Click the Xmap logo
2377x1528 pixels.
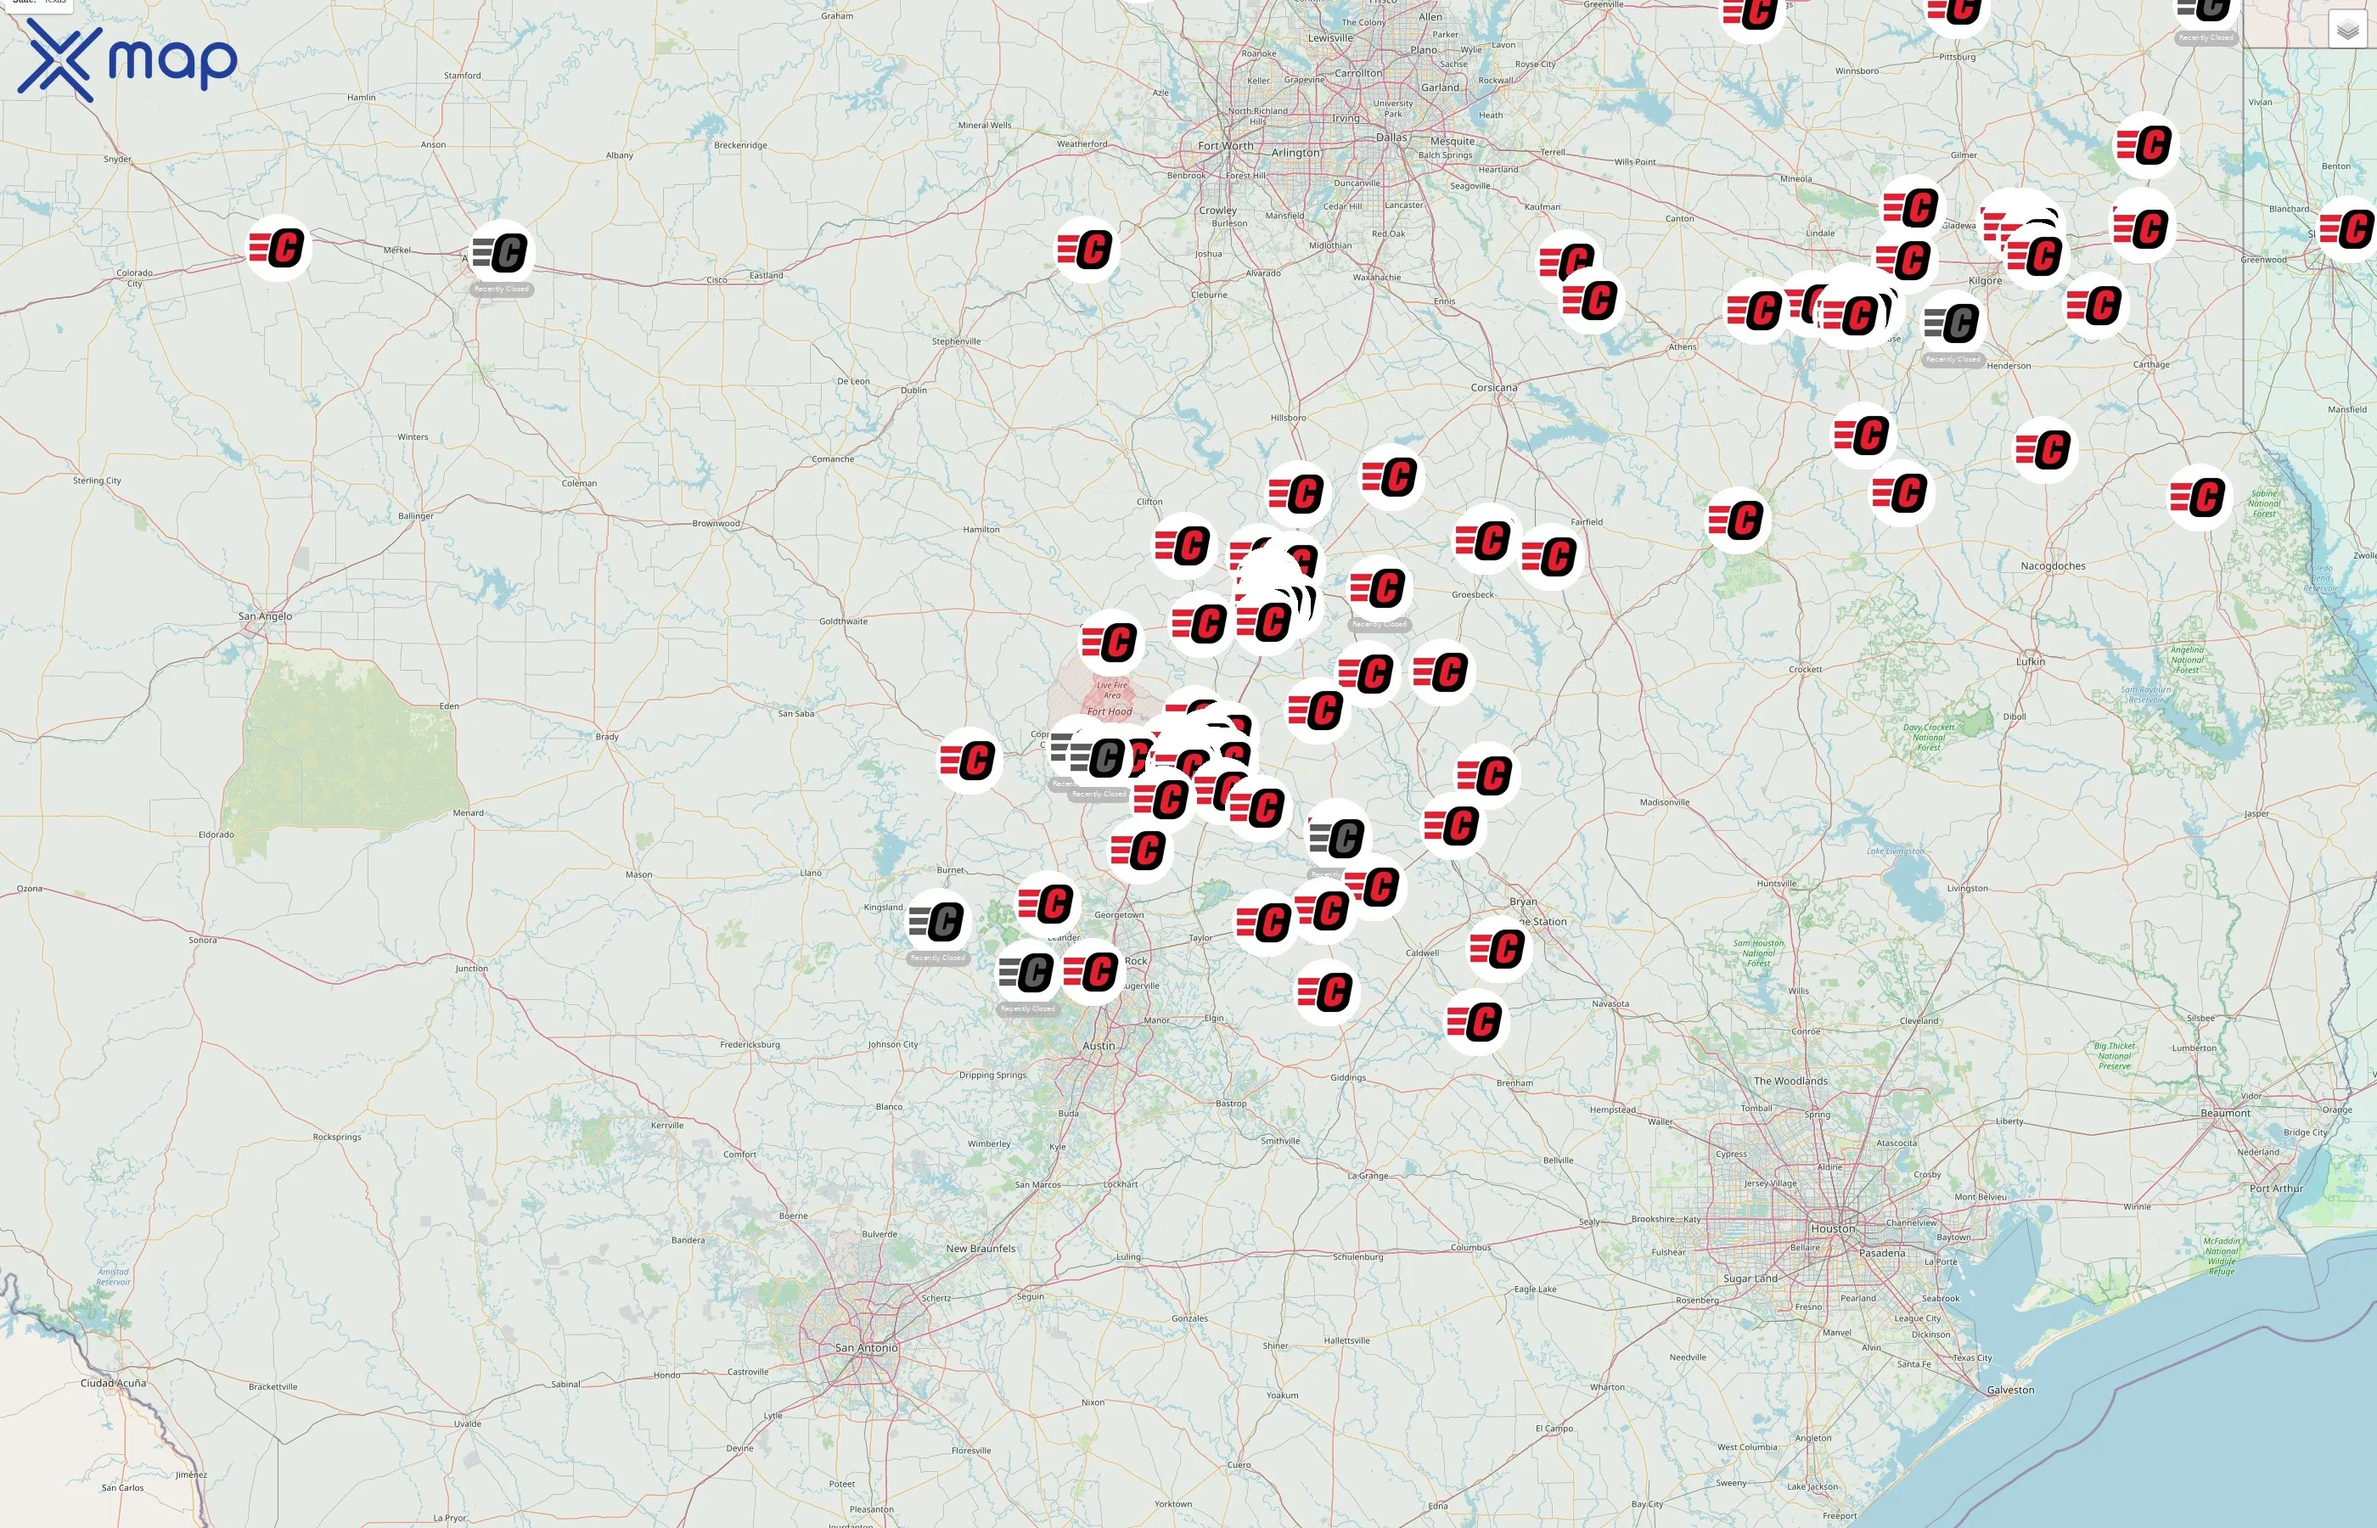(127, 60)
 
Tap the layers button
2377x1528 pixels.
(2346, 31)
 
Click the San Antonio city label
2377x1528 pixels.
(866, 1347)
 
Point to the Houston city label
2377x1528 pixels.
(1831, 1228)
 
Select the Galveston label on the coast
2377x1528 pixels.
(2010, 1390)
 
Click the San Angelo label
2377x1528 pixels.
(265, 616)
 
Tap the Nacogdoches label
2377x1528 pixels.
(2053, 566)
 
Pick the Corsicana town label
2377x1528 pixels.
(1493, 388)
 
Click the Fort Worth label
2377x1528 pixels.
(1225, 146)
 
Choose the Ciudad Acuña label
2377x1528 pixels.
(113, 1383)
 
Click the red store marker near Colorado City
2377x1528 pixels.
(278, 247)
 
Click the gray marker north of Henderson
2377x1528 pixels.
(1953, 323)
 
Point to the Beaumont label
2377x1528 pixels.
(2225, 1113)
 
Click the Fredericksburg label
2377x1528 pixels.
(750, 1045)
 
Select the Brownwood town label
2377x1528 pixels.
(716, 523)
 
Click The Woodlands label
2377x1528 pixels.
(1790, 1081)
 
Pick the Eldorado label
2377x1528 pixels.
(216, 834)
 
